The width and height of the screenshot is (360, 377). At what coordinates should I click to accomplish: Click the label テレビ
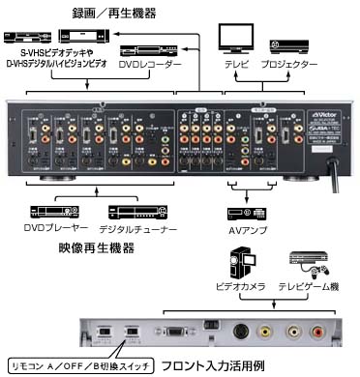point(234,64)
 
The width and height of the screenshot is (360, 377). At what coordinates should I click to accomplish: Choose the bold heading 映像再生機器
point(96,248)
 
